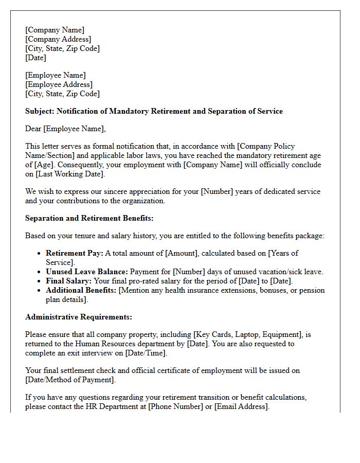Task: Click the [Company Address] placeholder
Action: pos(58,39)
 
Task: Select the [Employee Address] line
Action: pos(59,84)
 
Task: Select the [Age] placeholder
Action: pos(45,165)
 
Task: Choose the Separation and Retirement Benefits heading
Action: pos(89,218)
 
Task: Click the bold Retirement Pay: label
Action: pos(75,253)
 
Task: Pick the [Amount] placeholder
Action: pos(182,253)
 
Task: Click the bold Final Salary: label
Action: pos(69,281)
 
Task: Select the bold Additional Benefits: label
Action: pos(81,290)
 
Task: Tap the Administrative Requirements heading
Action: pos(78,317)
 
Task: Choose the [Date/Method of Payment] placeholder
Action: pos(70,380)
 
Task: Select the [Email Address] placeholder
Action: pos(241,406)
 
